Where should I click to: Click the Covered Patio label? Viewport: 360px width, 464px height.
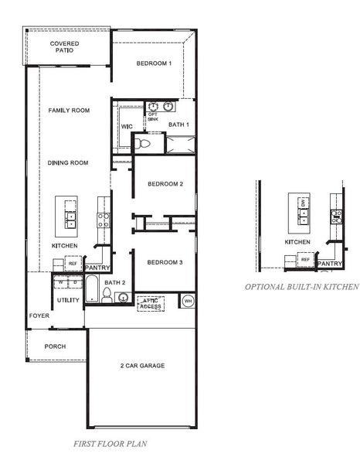click(x=65, y=49)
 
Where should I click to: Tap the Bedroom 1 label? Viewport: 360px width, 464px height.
click(x=154, y=63)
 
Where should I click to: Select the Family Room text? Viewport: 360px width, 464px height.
click(x=69, y=111)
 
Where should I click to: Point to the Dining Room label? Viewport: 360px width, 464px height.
click(x=68, y=163)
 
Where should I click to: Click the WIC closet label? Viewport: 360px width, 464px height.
click(x=126, y=126)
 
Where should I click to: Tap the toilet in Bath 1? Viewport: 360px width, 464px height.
click(x=141, y=144)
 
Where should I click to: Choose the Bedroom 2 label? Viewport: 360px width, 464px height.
click(x=165, y=184)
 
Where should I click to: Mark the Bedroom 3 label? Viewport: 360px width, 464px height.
click(x=165, y=263)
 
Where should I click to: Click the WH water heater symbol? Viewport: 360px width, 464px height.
click(x=188, y=299)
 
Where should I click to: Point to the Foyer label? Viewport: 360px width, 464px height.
click(x=39, y=316)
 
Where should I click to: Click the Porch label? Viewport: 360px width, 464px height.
click(x=56, y=346)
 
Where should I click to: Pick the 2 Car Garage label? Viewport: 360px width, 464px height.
click(x=141, y=366)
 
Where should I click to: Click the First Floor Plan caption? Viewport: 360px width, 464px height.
click(x=110, y=445)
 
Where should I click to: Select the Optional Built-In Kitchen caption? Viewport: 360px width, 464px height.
click(x=301, y=286)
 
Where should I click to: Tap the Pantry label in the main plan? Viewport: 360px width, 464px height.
click(x=97, y=268)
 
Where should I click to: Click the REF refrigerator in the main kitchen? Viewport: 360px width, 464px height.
click(x=73, y=264)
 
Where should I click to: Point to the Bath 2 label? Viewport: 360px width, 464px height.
click(x=115, y=283)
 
